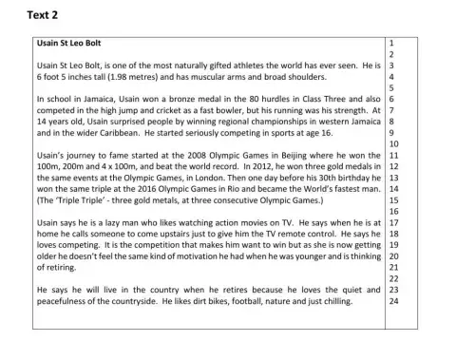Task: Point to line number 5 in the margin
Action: [x=392, y=87]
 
